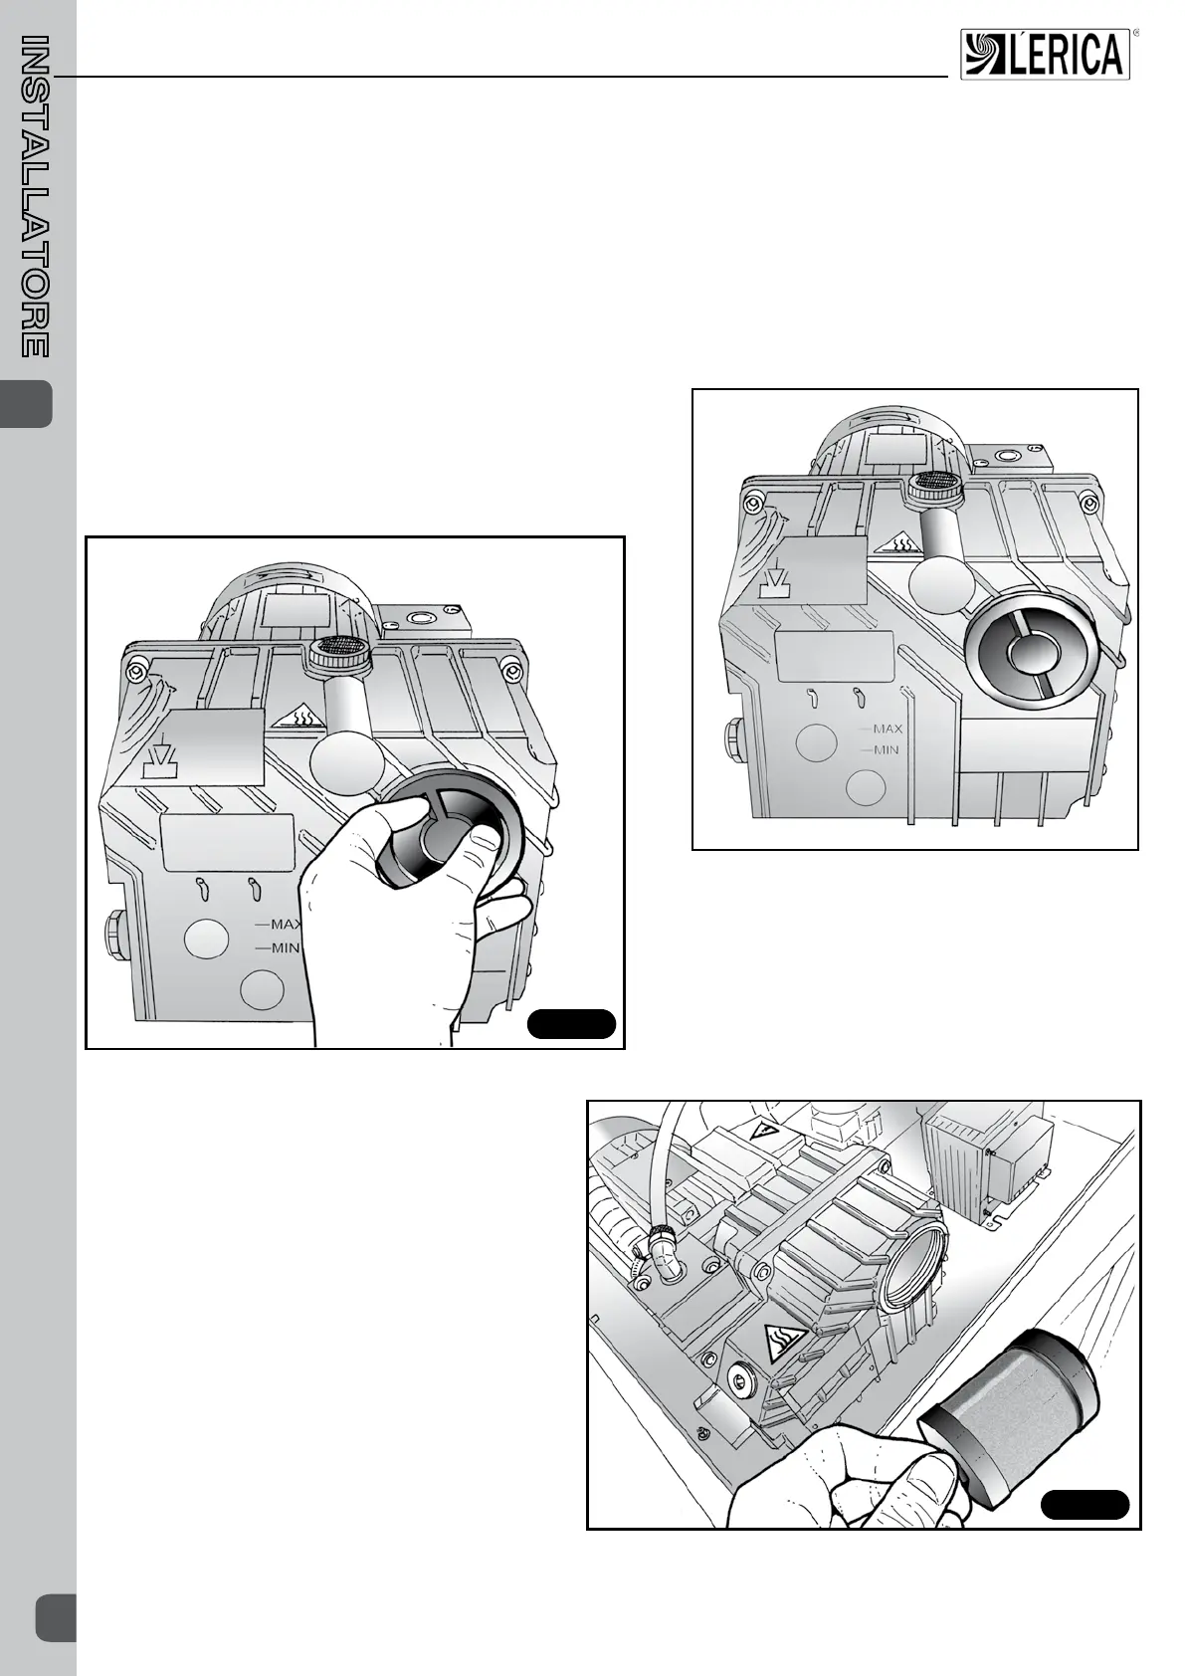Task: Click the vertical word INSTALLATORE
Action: (35, 197)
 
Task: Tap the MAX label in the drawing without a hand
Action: (888, 730)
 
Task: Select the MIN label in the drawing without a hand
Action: (886, 749)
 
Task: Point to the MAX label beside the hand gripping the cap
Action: (287, 925)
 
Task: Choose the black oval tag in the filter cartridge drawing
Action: (1085, 1504)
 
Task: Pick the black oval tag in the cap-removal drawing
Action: (571, 1024)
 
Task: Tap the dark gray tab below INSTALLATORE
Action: (27, 404)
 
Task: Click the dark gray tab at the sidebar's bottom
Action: (56, 1617)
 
